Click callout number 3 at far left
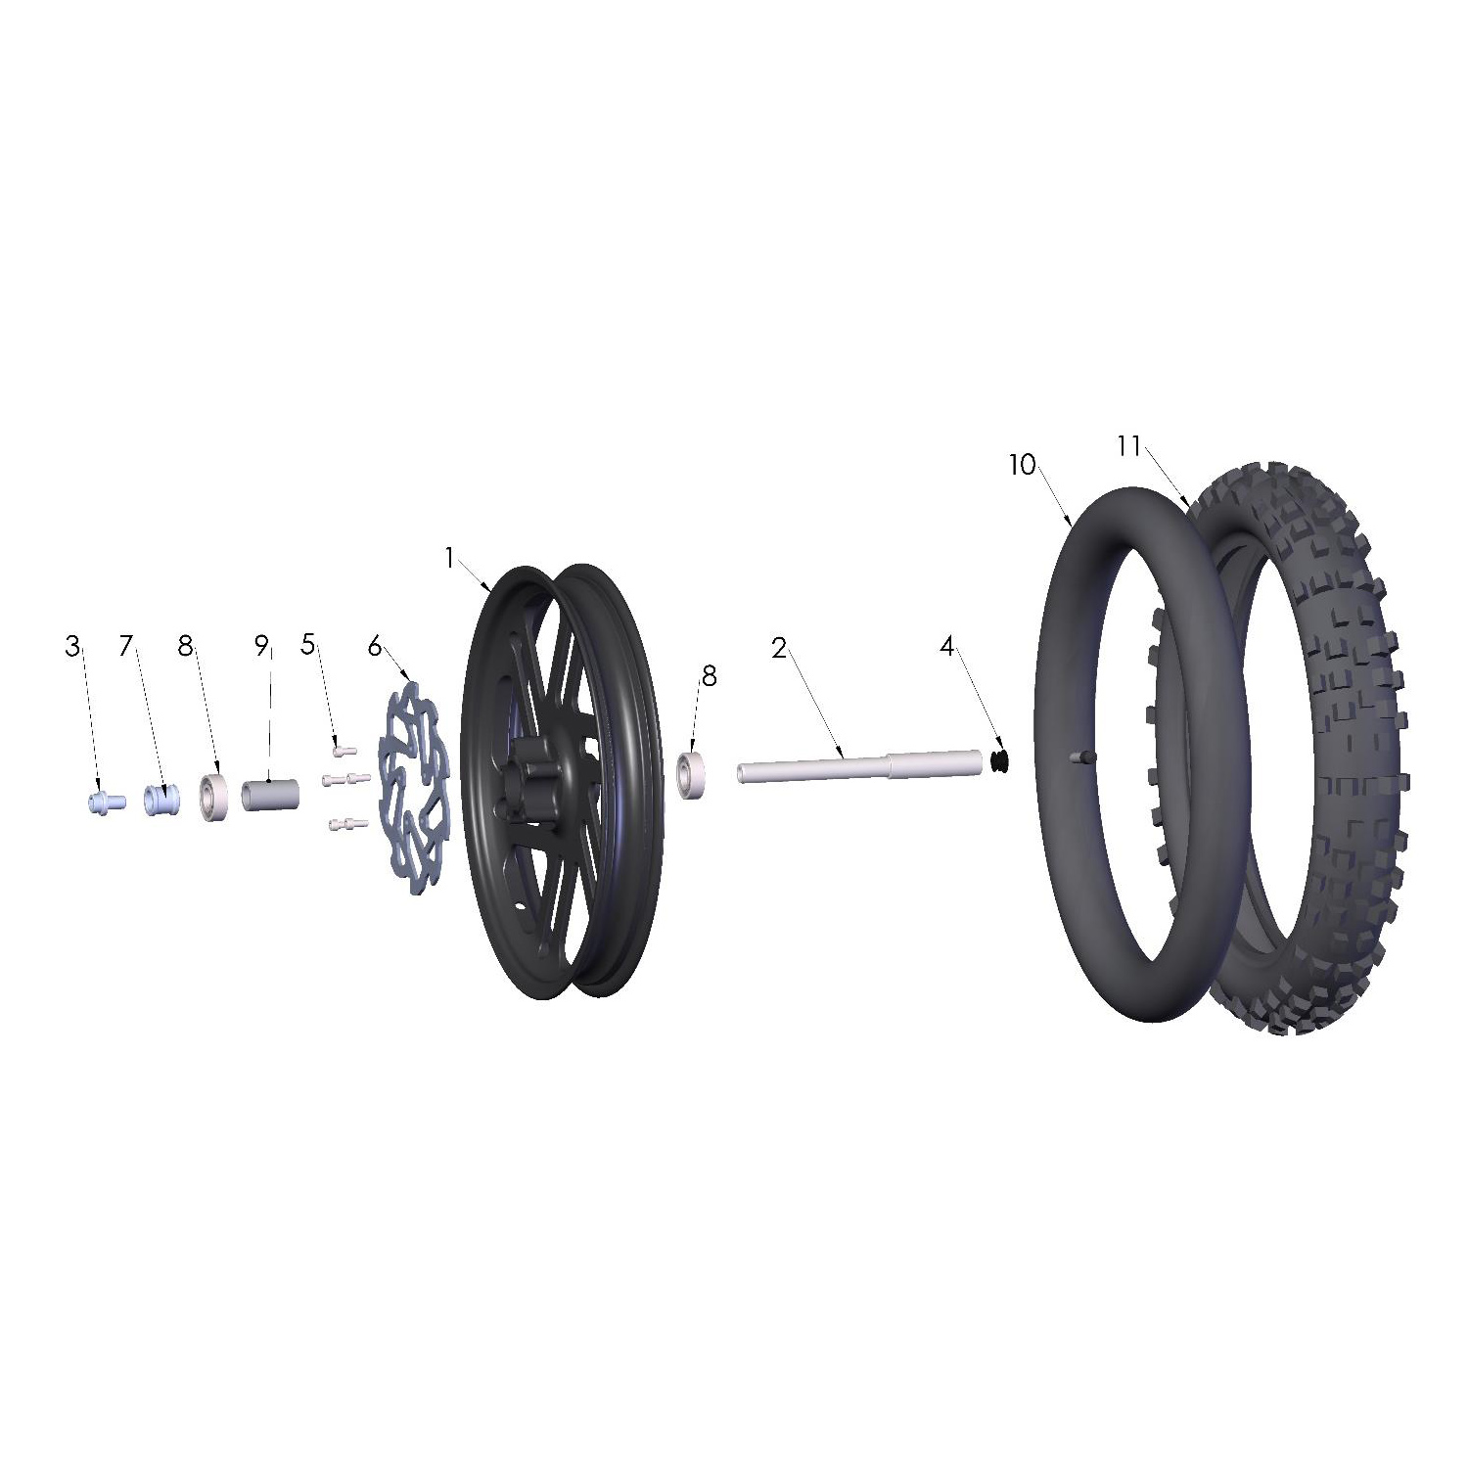pyautogui.click(x=73, y=647)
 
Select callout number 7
pyautogui.click(x=125, y=647)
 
